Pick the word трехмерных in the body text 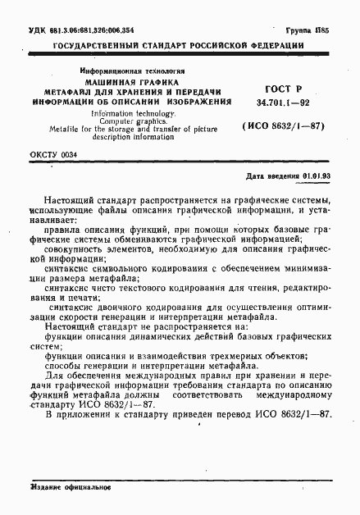(218, 355)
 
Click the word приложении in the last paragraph (88, 412)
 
